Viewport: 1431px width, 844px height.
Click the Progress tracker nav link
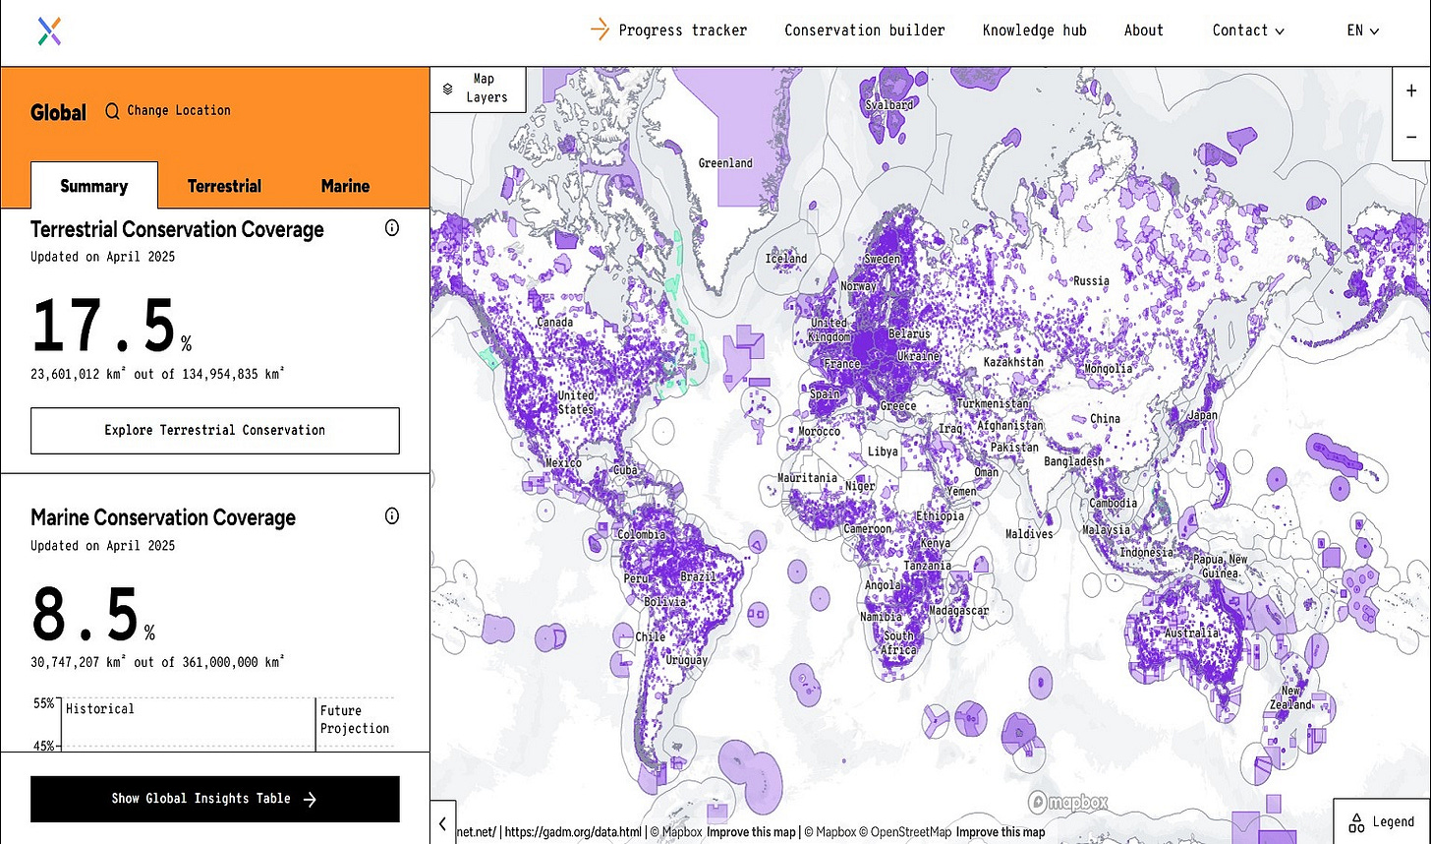pos(681,30)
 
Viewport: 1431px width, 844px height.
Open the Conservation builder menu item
pos(864,30)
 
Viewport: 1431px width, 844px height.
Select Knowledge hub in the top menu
pos(1034,30)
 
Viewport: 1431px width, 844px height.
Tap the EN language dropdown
pos(1362,30)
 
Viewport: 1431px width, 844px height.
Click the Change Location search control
pos(168,111)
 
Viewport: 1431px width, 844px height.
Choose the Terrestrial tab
pos(224,186)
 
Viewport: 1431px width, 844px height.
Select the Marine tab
pos(345,186)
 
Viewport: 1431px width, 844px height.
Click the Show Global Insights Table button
pos(214,799)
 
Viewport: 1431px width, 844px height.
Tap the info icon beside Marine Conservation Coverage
pos(392,516)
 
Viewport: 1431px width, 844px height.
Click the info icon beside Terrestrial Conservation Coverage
pos(392,228)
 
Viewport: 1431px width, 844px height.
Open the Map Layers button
pos(478,89)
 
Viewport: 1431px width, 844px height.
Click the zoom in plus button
pos(1411,90)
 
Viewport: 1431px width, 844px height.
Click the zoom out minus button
pos(1411,137)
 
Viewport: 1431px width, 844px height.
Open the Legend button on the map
pos(1382,821)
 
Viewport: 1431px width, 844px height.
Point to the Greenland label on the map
pos(725,163)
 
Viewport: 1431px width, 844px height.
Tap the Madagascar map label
pos(958,611)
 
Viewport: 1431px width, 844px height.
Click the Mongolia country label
pos(1109,370)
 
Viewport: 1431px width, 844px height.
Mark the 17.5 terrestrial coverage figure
pos(104,327)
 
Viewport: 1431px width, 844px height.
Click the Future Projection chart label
pos(354,719)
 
